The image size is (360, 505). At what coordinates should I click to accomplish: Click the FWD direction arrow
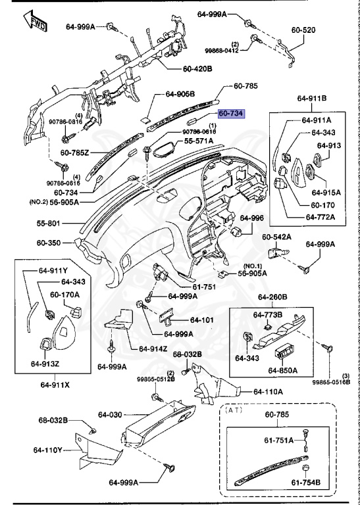(36, 21)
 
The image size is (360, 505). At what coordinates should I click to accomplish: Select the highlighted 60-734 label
(232, 114)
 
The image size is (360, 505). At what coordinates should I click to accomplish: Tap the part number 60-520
(303, 30)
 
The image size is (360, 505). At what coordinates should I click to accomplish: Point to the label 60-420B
(197, 68)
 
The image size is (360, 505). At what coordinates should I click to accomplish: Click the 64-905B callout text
(180, 94)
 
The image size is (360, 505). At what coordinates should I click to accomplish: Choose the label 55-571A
(199, 141)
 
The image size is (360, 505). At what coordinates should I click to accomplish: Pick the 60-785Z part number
(74, 153)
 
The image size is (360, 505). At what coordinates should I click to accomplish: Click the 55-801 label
(48, 223)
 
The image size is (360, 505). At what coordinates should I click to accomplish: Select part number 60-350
(48, 243)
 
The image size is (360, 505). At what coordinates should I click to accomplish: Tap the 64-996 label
(251, 218)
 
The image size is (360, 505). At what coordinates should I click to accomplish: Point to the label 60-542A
(276, 237)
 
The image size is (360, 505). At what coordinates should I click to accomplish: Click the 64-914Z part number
(153, 349)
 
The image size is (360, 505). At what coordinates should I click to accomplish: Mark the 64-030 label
(110, 415)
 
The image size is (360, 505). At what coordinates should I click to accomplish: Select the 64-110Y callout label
(47, 450)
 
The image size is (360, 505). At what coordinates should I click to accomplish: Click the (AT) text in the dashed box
(234, 410)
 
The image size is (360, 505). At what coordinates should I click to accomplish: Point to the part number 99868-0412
(222, 51)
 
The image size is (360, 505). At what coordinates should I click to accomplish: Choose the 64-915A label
(326, 193)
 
